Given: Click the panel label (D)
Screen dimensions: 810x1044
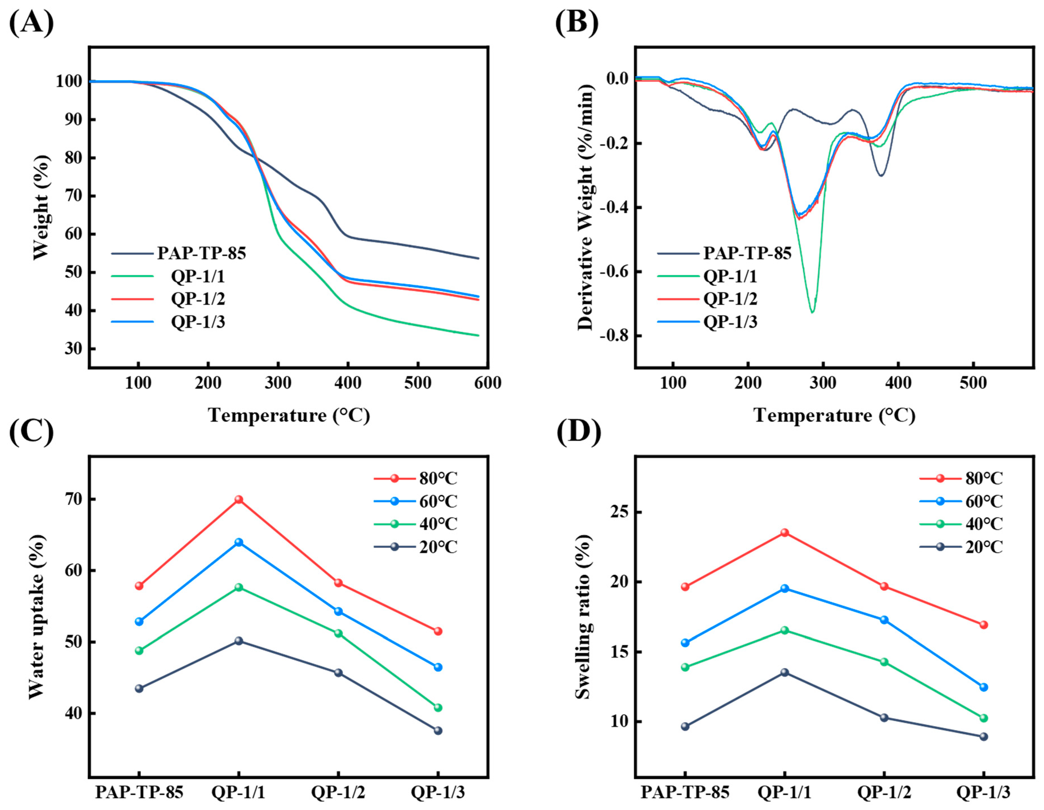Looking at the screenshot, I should [578, 433].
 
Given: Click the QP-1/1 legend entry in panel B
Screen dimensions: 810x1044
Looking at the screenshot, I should [730, 276].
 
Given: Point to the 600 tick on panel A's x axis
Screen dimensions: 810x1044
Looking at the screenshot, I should [487, 383].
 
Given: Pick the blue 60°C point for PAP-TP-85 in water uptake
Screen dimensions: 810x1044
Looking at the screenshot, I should [139, 622].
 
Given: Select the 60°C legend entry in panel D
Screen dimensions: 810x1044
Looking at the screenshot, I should [984, 501].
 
